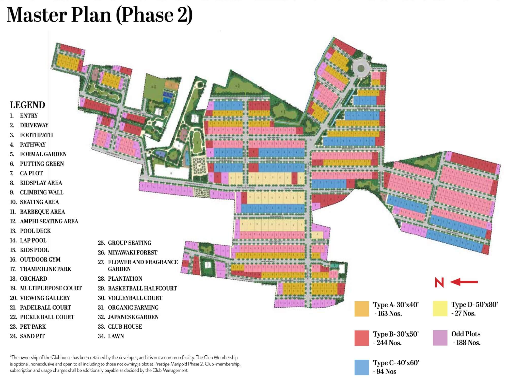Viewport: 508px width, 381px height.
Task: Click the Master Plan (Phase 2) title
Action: (x=100, y=15)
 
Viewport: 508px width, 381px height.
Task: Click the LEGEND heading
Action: (x=27, y=105)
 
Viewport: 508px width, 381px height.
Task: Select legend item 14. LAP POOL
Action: (x=33, y=240)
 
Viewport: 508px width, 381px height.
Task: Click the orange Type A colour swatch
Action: (x=362, y=309)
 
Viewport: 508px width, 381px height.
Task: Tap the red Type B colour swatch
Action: (x=362, y=338)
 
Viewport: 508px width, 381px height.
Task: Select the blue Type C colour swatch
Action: (x=362, y=367)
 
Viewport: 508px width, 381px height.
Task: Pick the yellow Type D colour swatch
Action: (x=440, y=309)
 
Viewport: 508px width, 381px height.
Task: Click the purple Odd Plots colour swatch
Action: (x=440, y=338)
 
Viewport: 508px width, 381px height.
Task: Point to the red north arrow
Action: (x=464, y=282)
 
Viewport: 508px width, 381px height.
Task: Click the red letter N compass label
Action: (x=439, y=283)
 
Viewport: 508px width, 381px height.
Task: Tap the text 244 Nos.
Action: (x=389, y=343)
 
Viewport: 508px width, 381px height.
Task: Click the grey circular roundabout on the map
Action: (x=361, y=68)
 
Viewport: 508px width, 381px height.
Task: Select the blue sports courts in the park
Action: (x=167, y=97)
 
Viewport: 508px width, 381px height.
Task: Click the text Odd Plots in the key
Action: (x=466, y=334)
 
